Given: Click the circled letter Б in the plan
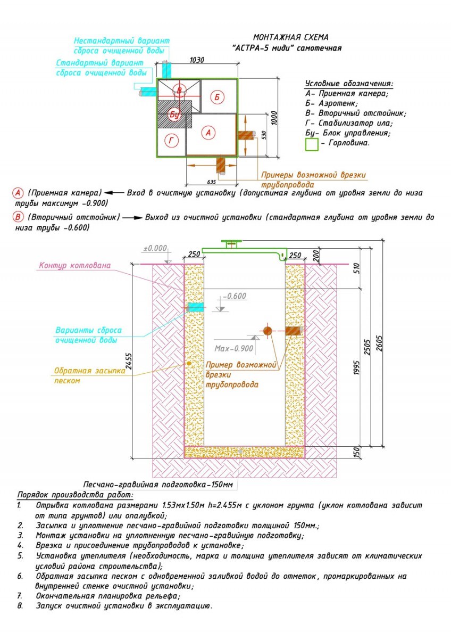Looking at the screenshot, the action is [217, 97].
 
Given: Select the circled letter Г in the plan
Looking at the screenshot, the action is [171, 141].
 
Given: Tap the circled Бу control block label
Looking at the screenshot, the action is [174, 114].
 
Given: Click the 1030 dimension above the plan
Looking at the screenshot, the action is [197, 60].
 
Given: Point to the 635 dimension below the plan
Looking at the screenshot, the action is [211, 182].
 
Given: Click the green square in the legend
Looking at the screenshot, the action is [312, 144].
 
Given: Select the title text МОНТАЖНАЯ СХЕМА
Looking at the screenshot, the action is [290, 37].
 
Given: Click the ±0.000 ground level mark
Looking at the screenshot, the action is [155, 248].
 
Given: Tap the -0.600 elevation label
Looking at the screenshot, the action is [235, 296].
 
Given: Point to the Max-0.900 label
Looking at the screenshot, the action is [233, 348].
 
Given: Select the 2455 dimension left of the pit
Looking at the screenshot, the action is [129, 362].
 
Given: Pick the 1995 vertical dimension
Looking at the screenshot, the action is [356, 368].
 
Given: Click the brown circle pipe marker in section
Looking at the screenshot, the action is [267, 331].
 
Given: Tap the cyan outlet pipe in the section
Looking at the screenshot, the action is [195, 307].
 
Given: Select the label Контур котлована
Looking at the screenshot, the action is [74, 265].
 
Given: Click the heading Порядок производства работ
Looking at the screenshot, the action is [75, 495].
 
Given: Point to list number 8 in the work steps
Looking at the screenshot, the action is [20, 605].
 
